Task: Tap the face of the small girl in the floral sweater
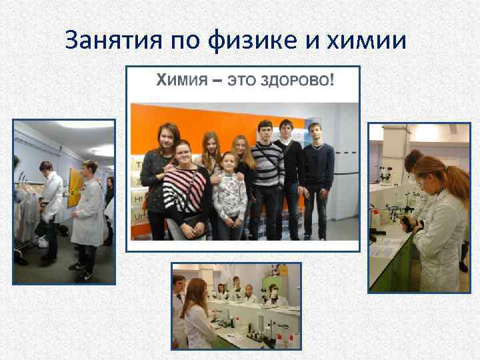tap(229, 162)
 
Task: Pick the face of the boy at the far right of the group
tap(315, 133)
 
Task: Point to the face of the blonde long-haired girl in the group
tap(240, 145)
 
